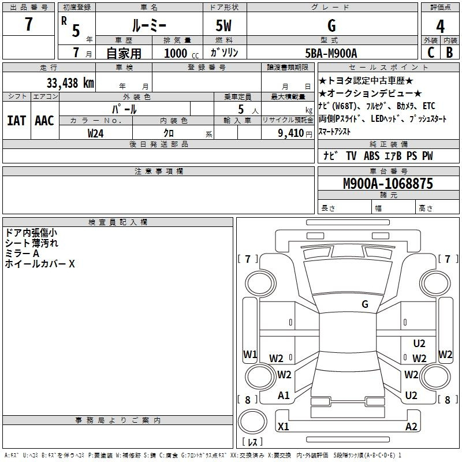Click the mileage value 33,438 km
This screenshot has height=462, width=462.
tap(70, 83)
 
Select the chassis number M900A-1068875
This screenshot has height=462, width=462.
tap(388, 184)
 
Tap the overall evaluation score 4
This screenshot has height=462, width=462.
tap(440, 27)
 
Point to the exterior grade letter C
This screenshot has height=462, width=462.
tap(431, 53)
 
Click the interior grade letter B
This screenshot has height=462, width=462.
tap(449, 53)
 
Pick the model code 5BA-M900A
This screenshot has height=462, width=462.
tap(331, 53)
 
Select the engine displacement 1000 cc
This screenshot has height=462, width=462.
tap(181, 53)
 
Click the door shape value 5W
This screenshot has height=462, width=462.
tap(223, 25)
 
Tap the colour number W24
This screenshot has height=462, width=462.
tap(95, 133)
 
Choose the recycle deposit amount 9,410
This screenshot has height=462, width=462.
tap(291, 133)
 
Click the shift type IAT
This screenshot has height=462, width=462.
tap(17, 121)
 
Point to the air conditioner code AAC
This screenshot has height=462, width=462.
tap(44, 121)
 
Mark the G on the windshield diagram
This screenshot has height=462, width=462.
tap(365, 304)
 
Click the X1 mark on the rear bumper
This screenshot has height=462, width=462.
tap(283, 426)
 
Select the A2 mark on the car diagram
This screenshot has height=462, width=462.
tap(411, 426)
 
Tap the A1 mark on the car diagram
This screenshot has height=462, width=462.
tap(284, 396)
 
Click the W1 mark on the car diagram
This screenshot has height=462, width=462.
tap(250, 354)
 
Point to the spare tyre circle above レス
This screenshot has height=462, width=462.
tap(252, 421)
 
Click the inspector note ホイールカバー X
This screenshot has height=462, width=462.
tap(40, 263)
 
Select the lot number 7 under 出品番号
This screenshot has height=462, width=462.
tap(28, 24)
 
